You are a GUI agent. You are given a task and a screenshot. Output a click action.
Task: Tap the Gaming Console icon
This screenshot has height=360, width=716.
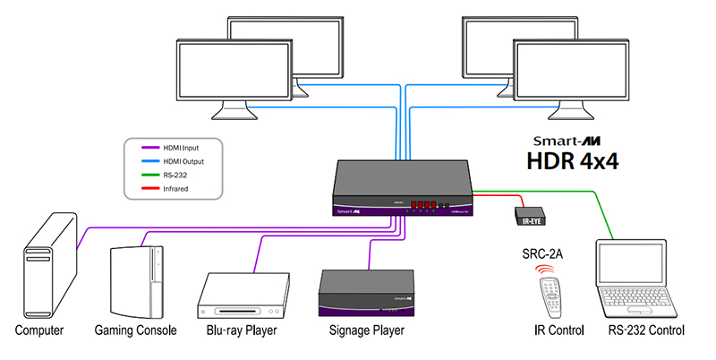pos(134,280)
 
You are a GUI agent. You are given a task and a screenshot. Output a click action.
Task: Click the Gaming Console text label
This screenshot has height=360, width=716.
pos(135,331)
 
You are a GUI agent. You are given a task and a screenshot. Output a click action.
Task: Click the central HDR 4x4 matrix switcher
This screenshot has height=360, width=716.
pos(405,187)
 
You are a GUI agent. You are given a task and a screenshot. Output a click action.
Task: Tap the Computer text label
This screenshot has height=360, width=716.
pos(39,331)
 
